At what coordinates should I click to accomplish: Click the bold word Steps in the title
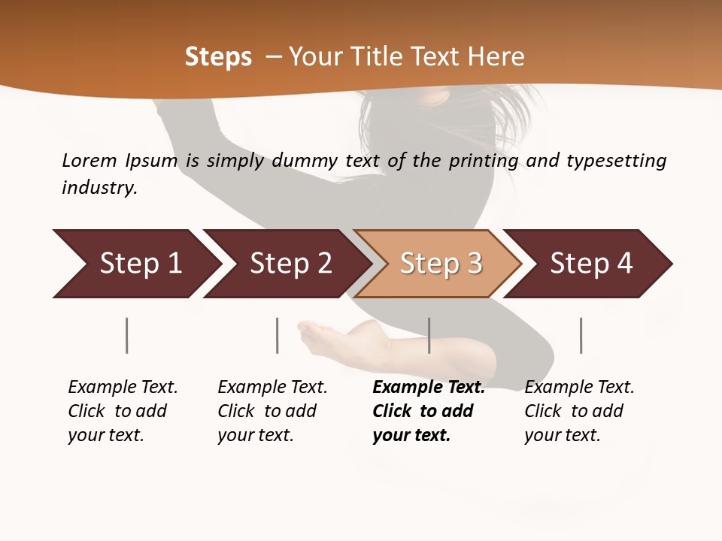(218, 57)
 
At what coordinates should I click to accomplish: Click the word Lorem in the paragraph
(89, 160)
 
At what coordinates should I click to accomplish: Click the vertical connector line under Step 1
(127, 335)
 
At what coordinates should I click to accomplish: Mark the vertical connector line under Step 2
(278, 335)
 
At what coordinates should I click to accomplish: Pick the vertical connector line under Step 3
(429, 335)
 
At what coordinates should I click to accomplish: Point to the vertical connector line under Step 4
(581, 335)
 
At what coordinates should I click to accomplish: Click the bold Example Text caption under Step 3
(429, 411)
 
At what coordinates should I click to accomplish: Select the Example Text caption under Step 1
(123, 411)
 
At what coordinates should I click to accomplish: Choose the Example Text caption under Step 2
(272, 411)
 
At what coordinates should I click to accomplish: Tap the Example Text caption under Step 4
(579, 411)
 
